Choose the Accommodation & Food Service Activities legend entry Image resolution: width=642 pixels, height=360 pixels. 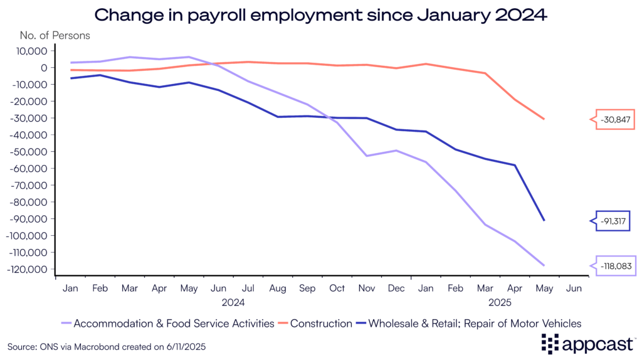pyautogui.click(x=174, y=324)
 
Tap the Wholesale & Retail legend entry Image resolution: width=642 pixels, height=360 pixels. pyautogui.click(x=475, y=324)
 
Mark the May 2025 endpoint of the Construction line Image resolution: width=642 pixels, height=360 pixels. pyautogui.click(x=544, y=119)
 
